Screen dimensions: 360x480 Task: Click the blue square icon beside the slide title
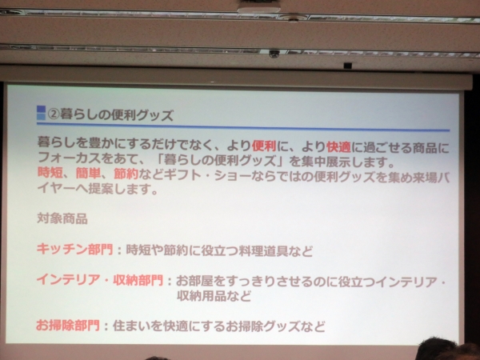click(x=41, y=113)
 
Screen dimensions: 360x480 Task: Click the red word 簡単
click(x=90, y=174)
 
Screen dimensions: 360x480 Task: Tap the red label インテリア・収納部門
click(x=99, y=282)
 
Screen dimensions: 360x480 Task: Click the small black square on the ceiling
click(x=347, y=65)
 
